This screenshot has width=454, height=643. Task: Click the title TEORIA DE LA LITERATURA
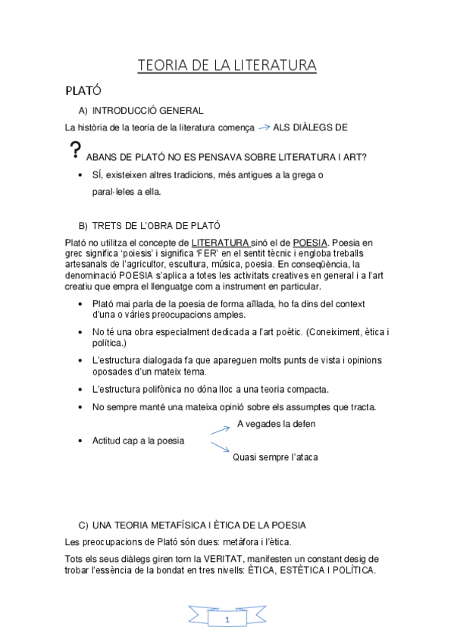pyautogui.click(x=227, y=66)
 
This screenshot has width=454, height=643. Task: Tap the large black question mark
pyautogui.click(x=74, y=150)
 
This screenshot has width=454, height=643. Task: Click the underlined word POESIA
pyautogui.click(x=311, y=242)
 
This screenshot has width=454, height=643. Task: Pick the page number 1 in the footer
pyautogui.click(x=227, y=619)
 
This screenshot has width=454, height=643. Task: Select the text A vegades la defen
pyautogui.click(x=276, y=424)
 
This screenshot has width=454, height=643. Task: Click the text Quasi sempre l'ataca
pyautogui.click(x=275, y=457)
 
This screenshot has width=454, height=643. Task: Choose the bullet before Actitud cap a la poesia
pyautogui.click(x=81, y=441)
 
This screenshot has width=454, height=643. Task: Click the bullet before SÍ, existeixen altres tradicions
pyautogui.click(x=81, y=175)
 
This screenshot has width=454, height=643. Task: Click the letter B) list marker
pyautogui.click(x=83, y=225)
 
